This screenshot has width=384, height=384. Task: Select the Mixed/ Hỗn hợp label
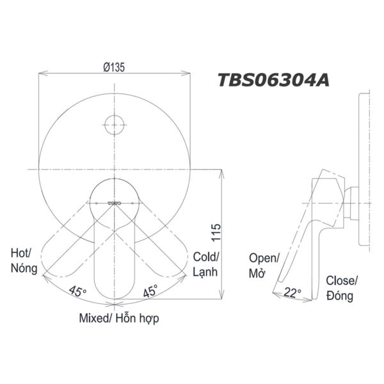pyautogui.click(x=119, y=318)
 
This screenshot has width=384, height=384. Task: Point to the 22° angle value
pyautogui.click(x=292, y=293)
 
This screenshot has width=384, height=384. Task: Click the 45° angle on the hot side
pyautogui.click(x=78, y=292)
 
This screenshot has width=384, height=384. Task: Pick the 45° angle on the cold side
pyautogui.click(x=151, y=292)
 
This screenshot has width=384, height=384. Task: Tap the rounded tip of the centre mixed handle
pyautogui.click(x=115, y=291)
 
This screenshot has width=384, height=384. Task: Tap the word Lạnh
pyautogui.click(x=206, y=271)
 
